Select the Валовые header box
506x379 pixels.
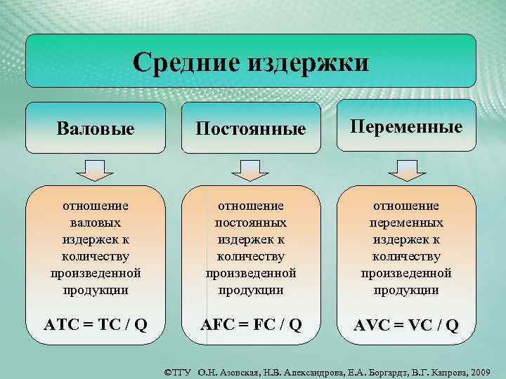tap(96, 128)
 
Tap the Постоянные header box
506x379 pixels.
tap(251, 128)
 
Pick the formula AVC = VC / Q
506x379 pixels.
tap(407, 324)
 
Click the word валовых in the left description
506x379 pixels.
tap(96, 222)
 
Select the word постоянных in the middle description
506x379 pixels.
tap(251, 222)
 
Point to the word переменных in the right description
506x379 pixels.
tap(406, 222)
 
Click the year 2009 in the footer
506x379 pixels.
tap(482, 370)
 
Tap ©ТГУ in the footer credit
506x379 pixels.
tap(178, 370)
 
